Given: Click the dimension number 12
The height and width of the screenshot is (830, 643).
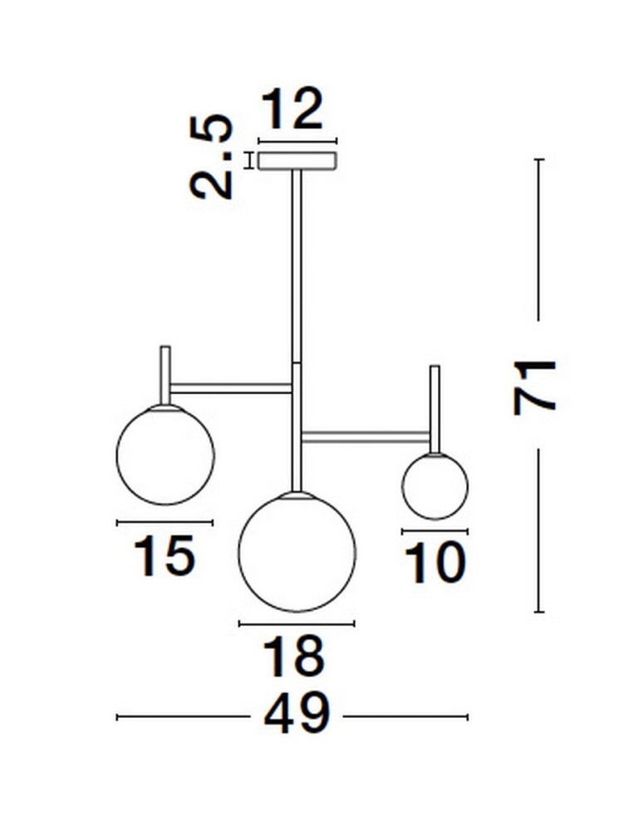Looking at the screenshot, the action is click(292, 110).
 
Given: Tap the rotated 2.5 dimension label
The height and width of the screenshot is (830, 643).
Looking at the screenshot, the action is click(211, 157).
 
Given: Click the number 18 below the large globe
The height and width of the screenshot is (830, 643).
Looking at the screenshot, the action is click(293, 657).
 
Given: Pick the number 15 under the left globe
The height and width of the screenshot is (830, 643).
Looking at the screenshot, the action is click(164, 555).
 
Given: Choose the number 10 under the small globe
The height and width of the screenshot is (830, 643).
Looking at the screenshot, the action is click(435, 564).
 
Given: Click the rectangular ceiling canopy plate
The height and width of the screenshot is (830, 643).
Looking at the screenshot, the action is click(297, 161).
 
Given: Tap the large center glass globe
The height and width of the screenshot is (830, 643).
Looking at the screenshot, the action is click(297, 552).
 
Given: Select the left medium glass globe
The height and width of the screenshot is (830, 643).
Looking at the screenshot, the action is click(164, 455).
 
